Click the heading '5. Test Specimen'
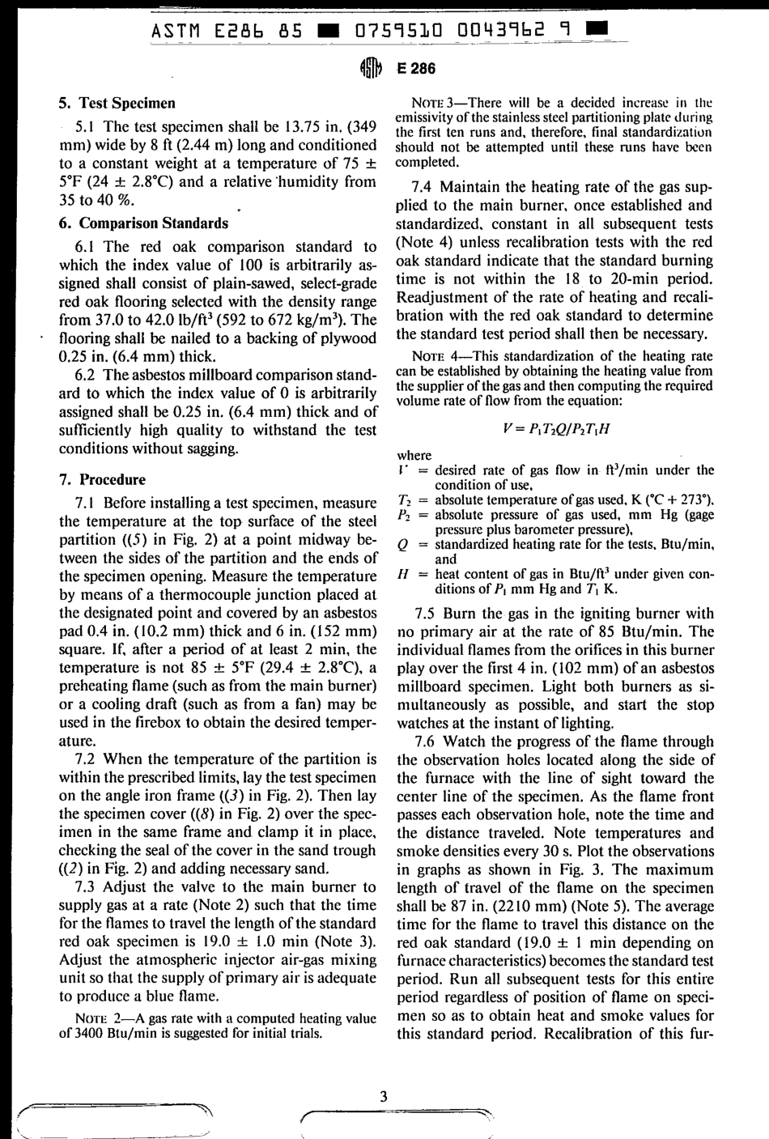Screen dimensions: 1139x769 click(x=117, y=104)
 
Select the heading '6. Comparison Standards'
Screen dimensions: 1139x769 click(x=144, y=223)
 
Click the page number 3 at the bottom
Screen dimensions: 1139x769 click(x=384, y=1096)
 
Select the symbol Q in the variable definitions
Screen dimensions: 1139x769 click(x=402, y=545)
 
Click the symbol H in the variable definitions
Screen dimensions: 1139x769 click(x=402, y=574)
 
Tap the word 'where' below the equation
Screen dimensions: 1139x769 click(x=414, y=456)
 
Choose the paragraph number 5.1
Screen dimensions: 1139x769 click(x=86, y=127)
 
